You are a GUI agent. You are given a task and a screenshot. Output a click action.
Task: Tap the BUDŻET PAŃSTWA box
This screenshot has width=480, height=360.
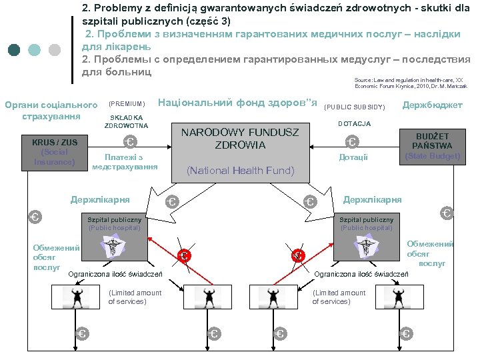[x=432, y=145]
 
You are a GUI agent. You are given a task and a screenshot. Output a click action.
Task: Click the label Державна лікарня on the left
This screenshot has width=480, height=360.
[x=101, y=199]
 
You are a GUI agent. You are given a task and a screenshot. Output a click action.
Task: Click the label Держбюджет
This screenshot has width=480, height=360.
[x=432, y=105]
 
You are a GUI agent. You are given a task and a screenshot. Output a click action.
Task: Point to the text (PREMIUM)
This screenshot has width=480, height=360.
[x=127, y=104]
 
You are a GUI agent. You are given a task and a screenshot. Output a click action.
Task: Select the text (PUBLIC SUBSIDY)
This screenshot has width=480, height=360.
[x=354, y=107]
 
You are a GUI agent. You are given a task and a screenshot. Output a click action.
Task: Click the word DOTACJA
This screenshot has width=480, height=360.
[x=354, y=124]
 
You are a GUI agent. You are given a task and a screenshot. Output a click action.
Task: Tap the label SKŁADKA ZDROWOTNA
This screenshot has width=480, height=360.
[x=127, y=121]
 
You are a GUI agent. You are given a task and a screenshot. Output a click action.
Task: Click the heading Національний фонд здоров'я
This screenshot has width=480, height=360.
[x=236, y=103]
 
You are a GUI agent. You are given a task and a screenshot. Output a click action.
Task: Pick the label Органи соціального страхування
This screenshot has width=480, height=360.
[x=51, y=111]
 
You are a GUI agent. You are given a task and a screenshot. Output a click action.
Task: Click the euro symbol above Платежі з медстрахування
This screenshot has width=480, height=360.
[x=130, y=141]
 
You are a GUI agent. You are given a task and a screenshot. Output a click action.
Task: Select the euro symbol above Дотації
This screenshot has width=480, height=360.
[x=351, y=141]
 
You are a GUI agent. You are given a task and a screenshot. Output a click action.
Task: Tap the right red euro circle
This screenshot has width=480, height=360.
[x=298, y=255]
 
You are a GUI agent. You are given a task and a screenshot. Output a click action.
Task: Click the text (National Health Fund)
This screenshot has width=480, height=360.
[x=240, y=171]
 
